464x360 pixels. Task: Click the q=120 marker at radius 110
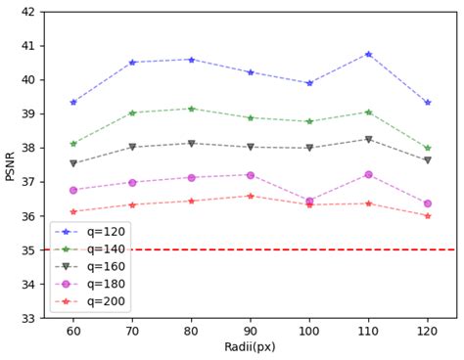(x=368, y=54)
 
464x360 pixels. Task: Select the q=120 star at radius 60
(x=73, y=102)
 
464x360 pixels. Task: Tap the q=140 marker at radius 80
(x=191, y=109)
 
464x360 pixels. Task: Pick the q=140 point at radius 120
(x=427, y=148)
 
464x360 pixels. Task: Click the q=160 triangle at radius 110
(x=368, y=139)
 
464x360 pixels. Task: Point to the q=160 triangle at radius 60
(x=73, y=163)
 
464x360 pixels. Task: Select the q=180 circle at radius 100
(x=309, y=202)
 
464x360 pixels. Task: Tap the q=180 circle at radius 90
(x=251, y=175)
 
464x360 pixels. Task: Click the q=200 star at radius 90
(x=251, y=196)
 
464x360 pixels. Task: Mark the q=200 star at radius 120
(x=427, y=215)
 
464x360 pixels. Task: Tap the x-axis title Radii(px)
(x=251, y=348)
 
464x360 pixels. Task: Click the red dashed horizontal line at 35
(x=294, y=249)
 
